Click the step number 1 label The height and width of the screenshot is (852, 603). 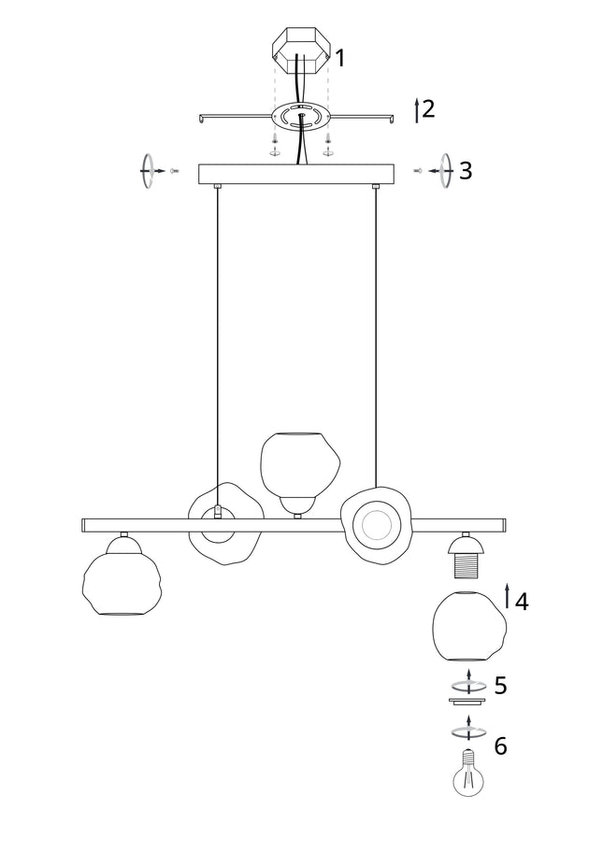tap(340, 58)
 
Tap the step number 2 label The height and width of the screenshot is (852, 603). tap(428, 108)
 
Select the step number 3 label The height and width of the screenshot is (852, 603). tap(466, 171)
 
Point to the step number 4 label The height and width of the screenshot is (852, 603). tap(521, 601)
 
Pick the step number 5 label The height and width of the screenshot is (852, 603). tap(501, 686)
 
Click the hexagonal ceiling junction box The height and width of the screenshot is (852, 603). tap(300, 51)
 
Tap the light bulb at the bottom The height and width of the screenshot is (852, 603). tap(468, 773)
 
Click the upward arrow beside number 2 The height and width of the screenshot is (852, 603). tap(417, 110)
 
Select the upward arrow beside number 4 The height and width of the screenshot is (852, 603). tap(508, 596)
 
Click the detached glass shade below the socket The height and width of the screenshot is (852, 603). tap(467, 627)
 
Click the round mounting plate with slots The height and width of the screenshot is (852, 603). tap(301, 116)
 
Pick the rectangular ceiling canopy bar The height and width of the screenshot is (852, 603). tap(296, 175)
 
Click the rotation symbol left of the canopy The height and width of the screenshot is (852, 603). tap(147, 172)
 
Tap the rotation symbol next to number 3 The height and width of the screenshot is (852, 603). tap(445, 172)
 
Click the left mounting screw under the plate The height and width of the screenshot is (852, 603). tap(275, 144)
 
